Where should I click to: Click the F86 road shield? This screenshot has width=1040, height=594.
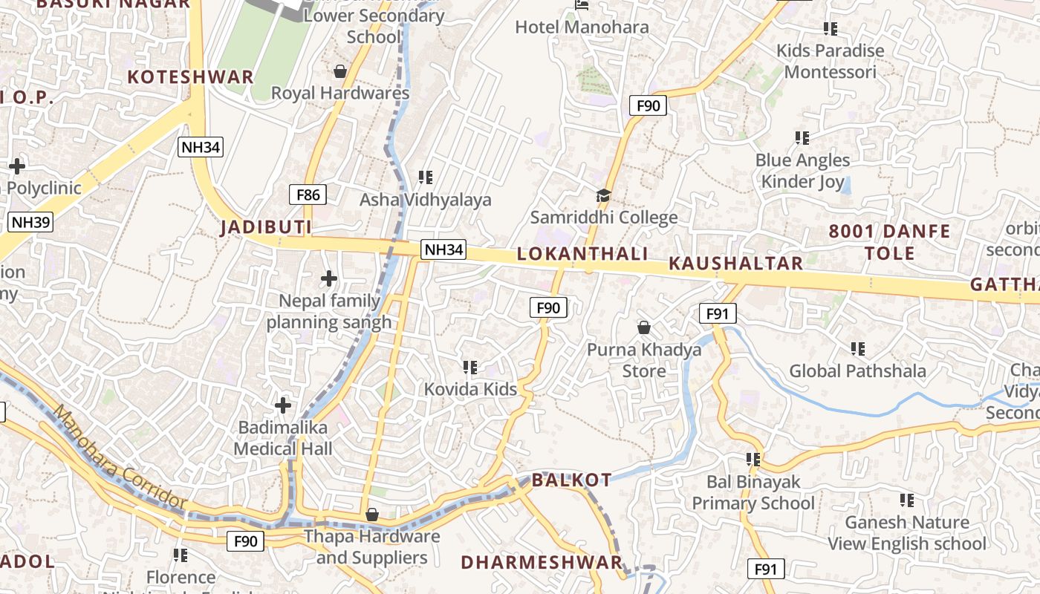tap(308, 195)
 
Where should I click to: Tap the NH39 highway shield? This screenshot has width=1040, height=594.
tap(31, 222)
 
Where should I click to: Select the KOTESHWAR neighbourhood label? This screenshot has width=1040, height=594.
tap(191, 77)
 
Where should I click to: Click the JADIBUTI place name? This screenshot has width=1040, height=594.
tap(265, 228)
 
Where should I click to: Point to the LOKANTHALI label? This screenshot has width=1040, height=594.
tap(582, 254)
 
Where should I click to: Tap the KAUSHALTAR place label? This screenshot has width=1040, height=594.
tap(735, 264)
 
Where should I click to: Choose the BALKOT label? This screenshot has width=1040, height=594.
tap(572, 480)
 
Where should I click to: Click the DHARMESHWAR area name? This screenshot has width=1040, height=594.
tap(542, 563)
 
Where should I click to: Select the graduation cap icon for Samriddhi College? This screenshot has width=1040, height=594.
tap(603, 196)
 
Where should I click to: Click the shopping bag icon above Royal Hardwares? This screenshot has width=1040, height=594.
tap(340, 71)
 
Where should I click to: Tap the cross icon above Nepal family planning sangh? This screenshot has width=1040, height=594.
tap(328, 279)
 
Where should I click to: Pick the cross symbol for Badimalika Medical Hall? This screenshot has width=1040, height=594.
tap(283, 405)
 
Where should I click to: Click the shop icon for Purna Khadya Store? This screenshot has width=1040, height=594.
tap(644, 327)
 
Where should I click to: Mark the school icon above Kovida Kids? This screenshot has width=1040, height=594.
tap(469, 367)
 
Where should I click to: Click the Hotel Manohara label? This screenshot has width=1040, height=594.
tap(582, 27)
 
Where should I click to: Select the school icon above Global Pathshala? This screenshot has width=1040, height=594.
tap(857, 348)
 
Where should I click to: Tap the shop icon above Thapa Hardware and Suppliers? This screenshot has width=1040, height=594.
tap(372, 515)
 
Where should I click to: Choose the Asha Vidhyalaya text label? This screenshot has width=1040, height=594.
tap(426, 200)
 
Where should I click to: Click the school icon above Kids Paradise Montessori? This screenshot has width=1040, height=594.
tap(830, 29)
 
